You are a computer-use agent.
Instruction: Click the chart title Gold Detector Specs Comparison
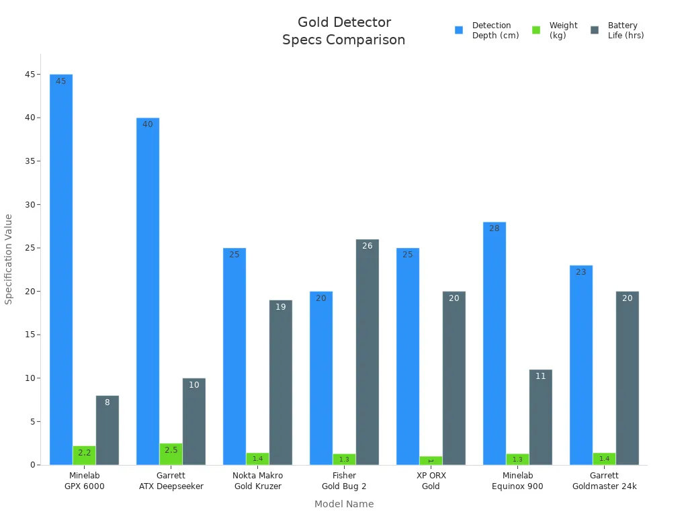click(x=343, y=32)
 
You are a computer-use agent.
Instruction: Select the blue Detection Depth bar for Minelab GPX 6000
click(x=61, y=269)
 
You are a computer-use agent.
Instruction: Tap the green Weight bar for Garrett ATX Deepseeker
click(x=171, y=454)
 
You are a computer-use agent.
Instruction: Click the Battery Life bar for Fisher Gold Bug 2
click(x=368, y=352)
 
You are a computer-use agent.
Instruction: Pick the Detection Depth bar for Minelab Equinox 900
click(x=494, y=343)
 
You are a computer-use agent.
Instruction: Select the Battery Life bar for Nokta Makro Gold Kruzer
click(x=281, y=382)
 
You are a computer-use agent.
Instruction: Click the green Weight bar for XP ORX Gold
click(x=431, y=461)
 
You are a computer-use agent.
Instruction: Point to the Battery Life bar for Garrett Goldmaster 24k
click(x=627, y=378)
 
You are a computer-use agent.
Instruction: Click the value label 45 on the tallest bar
click(x=61, y=81)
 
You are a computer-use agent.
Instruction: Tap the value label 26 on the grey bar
click(x=368, y=246)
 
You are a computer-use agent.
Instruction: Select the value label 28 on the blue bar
click(x=494, y=228)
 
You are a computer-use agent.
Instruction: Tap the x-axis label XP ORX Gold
click(x=431, y=481)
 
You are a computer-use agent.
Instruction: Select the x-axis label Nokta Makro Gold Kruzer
click(x=257, y=481)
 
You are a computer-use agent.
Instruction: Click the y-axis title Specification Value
click(x=9, y=259)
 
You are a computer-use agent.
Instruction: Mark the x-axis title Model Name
click(x=343, y=504)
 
